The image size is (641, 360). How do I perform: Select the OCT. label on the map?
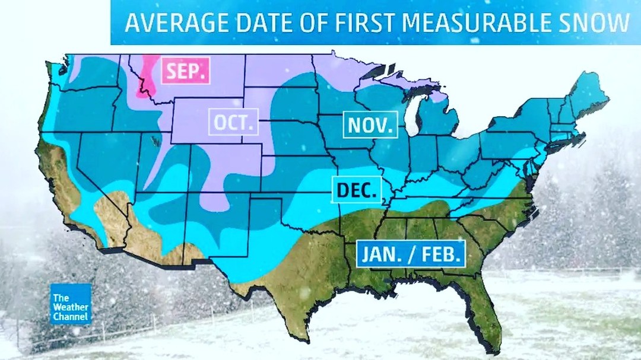click(x=234, y=124)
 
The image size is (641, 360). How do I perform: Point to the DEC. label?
click(x=356, y=190)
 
